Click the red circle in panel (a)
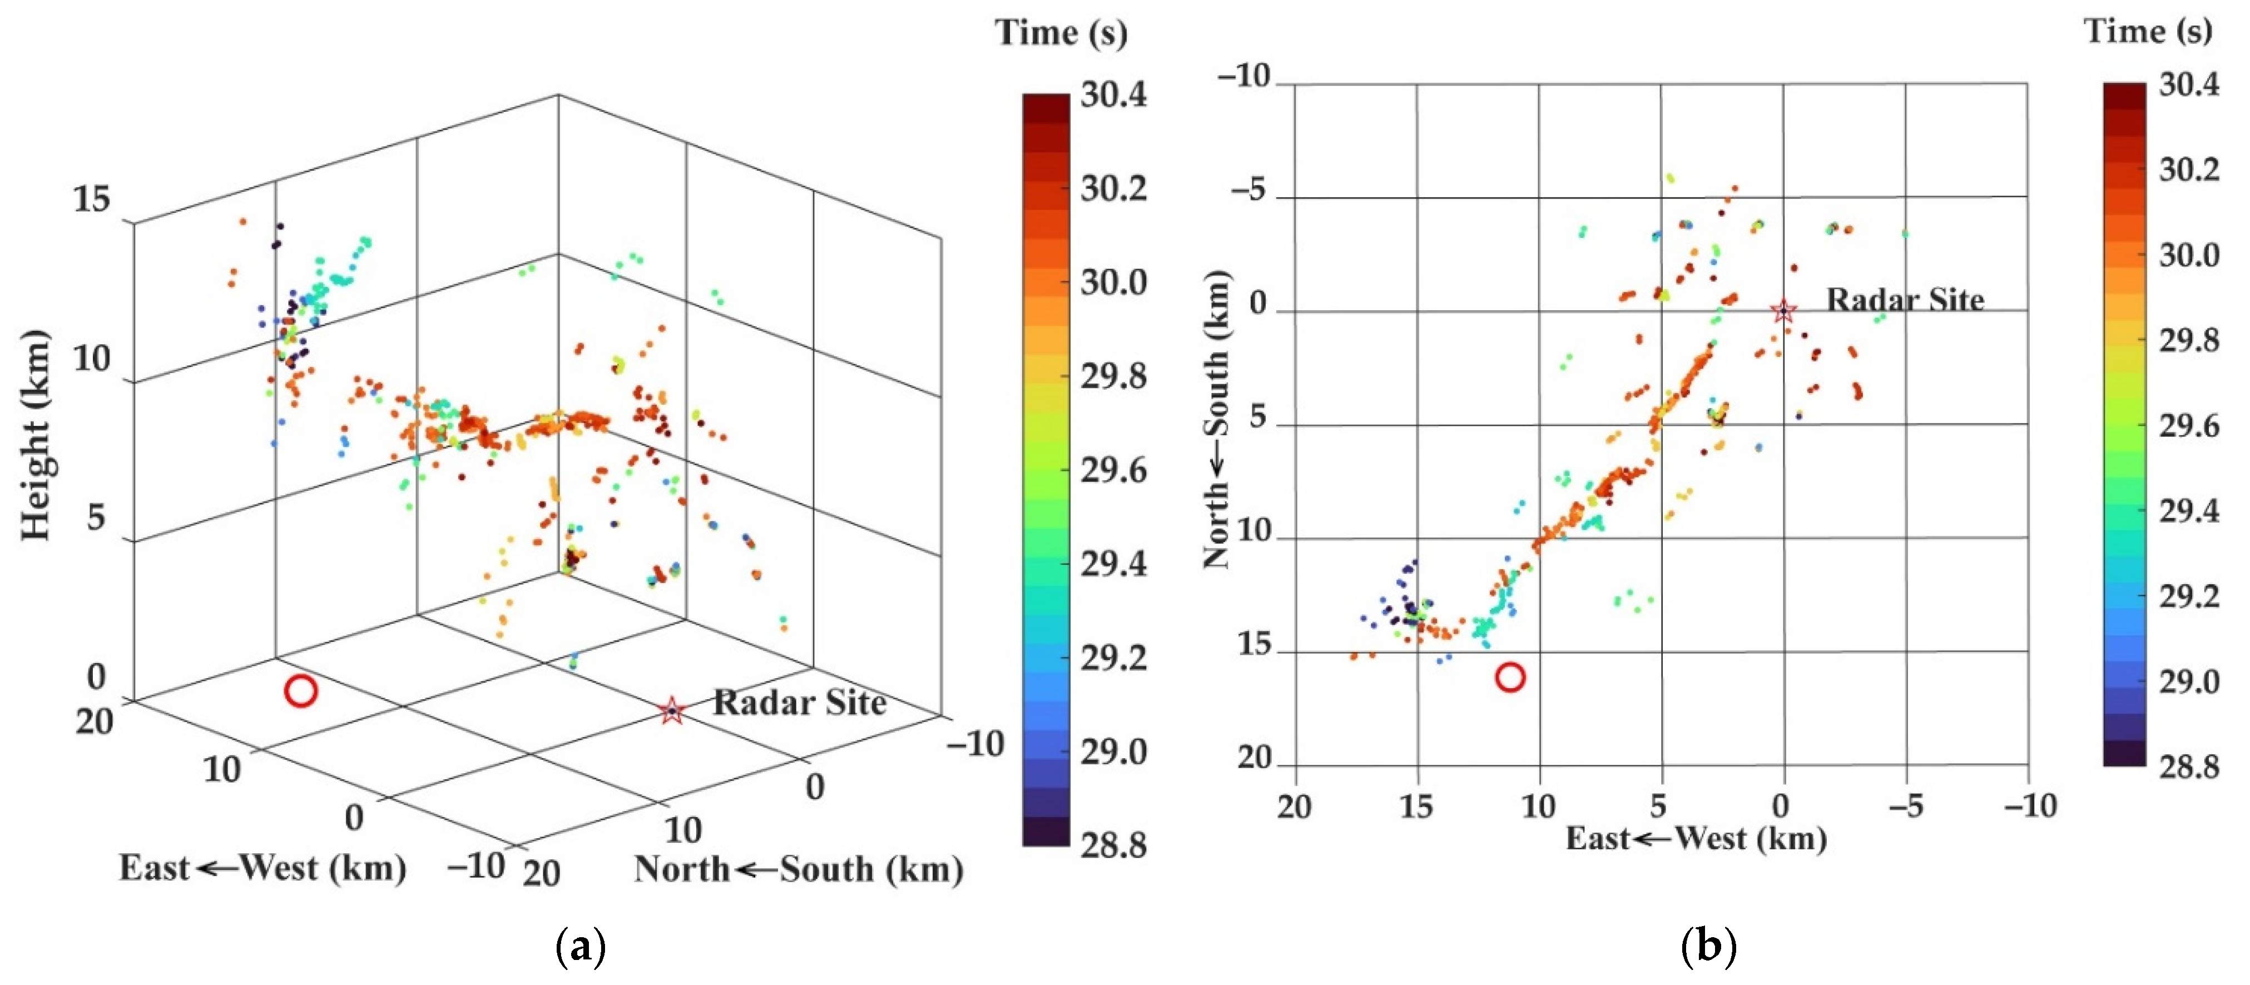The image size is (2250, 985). click(300, 692)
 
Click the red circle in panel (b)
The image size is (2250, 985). click(1510, 676)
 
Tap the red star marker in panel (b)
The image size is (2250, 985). click(1783, 310)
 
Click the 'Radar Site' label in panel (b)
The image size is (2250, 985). click(1905, 300)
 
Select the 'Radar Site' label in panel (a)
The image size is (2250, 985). click(799, 702)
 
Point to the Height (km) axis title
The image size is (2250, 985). click(35, 435)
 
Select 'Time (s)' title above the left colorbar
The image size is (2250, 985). click(1061, 33)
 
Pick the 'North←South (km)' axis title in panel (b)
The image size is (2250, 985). click(1217, 419)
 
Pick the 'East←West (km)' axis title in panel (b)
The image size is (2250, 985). click(1696, 838)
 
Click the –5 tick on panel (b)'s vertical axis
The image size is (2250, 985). click(1248, 190)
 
